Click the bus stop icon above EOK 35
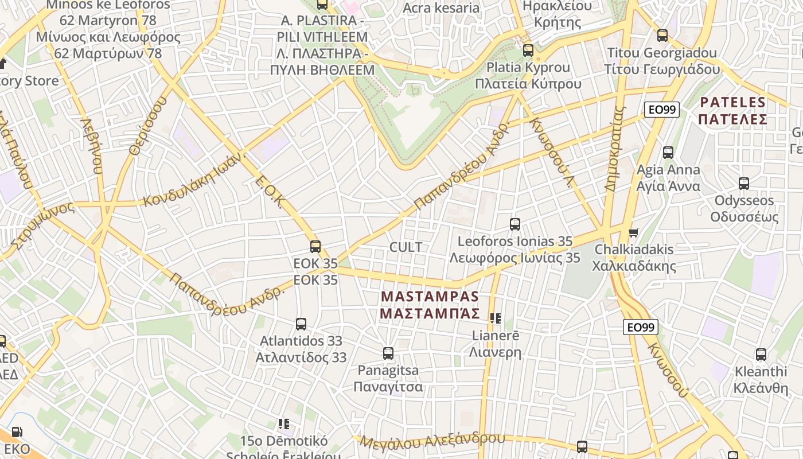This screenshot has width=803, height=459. coord(315,247)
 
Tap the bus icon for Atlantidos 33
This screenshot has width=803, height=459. coord(301,324)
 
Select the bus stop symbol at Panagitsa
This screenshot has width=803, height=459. coord(388,353)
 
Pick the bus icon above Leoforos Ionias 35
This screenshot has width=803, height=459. coord(515,224)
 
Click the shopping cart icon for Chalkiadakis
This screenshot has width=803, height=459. coord(633,233)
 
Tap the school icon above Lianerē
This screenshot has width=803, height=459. coord(496,318)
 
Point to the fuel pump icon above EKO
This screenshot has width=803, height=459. coord(17,432)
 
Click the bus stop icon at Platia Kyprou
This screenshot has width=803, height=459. coord(528,50)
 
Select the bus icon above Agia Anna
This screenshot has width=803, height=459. coord(668,153)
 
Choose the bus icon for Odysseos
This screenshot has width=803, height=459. coord(744,184)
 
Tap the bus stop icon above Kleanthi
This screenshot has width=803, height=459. coord(761,355)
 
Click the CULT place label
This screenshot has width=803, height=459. coord(406,247)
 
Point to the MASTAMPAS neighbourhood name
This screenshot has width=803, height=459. coord(430,305)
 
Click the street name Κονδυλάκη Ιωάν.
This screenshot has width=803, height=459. coord(195,180)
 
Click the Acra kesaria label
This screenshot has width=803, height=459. coord(441,8)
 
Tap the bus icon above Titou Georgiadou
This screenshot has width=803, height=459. coord(662,36)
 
